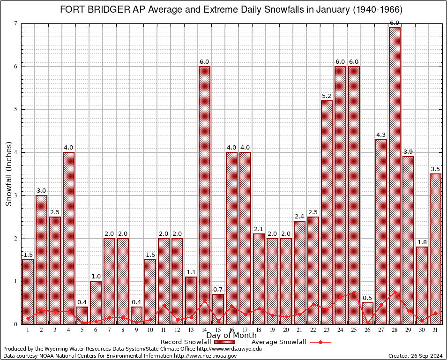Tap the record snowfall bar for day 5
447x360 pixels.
pos(82,315)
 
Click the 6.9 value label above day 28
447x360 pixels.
pos(395,23)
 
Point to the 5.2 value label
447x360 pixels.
pos(327,96)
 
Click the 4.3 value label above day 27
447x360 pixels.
pos(381,135)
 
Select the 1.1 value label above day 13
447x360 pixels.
pos(191,272)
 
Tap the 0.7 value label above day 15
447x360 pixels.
pos(218,290)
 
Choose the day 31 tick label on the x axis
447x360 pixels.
pos(435,330)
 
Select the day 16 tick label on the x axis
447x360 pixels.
pos(231,330)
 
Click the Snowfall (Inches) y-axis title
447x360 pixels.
pos(8,173)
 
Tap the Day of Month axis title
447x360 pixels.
pos(231,336)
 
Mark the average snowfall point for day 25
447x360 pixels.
pos(354,292)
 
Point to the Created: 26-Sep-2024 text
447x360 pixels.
pos(415,356)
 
